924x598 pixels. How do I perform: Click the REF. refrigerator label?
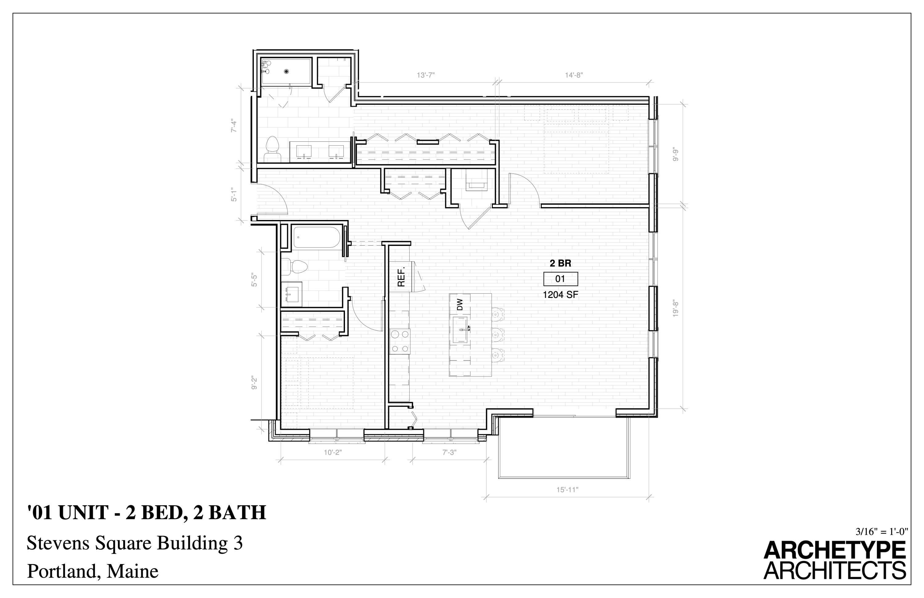tap(401, 276)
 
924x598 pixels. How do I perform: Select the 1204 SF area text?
tap(560, 295)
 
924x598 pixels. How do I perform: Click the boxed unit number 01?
tap(560, 279)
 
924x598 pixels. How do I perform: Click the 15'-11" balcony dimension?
tap(567, 490)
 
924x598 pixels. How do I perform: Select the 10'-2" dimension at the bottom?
tap(332, 452)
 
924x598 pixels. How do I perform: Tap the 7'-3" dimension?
tap(449, 452)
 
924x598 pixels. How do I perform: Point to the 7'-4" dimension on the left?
tap(234, 125)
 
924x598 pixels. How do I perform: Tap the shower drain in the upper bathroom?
tap(286, 71)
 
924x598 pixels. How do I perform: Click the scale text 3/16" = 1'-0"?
tap(881, 531)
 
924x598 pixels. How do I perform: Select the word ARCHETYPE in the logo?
tap(834, 551)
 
